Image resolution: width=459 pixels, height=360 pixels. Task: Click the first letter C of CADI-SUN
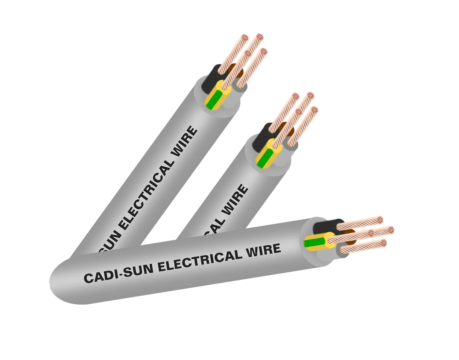tap(88, 278)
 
